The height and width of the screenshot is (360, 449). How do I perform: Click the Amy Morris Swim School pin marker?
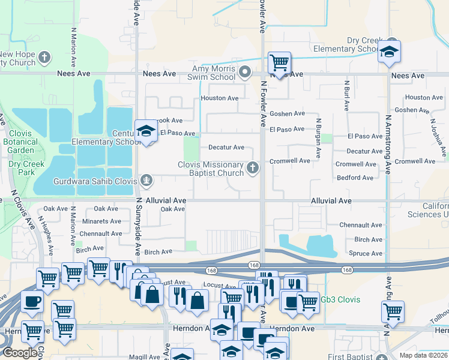pos(245,73)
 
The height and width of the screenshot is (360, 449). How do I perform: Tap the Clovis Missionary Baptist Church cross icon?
pos(253,167)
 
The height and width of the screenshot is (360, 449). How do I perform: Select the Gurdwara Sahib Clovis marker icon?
pos(146,180)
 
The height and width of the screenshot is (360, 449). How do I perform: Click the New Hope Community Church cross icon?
pos(44,58)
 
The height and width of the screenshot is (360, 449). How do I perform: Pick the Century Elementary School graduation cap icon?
pos(145,131)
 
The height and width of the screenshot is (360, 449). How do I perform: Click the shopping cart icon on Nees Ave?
pos(279,62)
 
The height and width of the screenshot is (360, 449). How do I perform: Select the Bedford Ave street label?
pos(355,178)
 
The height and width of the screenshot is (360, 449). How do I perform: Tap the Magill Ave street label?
pos(145,356)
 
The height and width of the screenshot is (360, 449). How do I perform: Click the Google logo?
pos(20,353)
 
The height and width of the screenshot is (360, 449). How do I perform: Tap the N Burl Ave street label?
pos(347,96)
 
